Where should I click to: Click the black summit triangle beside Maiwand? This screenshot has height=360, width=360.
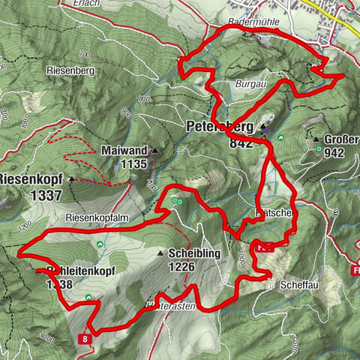click(x=155, y=151)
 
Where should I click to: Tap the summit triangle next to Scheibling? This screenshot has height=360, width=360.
click(x=160, y=254)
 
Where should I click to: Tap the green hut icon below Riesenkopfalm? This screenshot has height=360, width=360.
click(x=100, y=244)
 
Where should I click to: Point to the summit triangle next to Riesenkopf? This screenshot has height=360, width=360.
click(x=71, y=180)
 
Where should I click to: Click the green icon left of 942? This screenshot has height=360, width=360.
click(x=318, y=151)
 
